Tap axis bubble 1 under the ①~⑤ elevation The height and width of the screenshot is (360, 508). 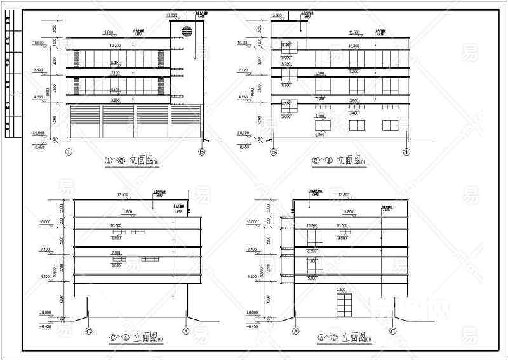(69, 151)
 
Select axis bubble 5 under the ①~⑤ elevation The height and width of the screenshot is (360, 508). (202, 151)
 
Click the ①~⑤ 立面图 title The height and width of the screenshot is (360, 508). (130, 160)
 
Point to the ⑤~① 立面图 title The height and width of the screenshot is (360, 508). (337, 160)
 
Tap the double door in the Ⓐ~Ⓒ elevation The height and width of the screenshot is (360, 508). (344, 305)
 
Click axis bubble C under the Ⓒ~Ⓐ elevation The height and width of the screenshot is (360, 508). (89, 330)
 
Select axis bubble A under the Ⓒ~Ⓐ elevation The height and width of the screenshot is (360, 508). (186, 330)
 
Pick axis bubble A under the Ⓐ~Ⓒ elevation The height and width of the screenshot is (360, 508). (295, 330)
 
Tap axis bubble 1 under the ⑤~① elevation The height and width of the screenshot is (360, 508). (406, 151)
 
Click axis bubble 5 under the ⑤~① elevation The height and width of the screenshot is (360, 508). (274, 151)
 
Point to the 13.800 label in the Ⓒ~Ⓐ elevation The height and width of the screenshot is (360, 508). (123, 194)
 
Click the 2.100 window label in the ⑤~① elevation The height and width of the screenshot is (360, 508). (320, 116)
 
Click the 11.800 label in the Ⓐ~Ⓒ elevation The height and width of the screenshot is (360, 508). (348, 211)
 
